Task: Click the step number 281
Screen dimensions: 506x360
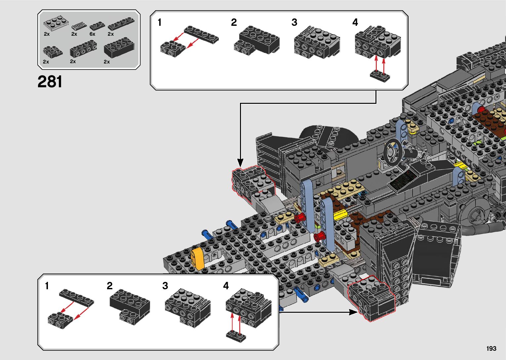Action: coord(50,82)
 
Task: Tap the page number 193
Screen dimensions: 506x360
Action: coord(491,348)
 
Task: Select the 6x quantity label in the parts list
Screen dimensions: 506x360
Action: coord(93,34)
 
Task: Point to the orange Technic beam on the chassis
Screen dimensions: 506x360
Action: coord(197,259)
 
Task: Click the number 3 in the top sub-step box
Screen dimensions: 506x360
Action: coord(294,22)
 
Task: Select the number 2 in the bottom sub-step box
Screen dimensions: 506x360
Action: coord(109,286)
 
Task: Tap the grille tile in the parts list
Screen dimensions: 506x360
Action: coord(79,26)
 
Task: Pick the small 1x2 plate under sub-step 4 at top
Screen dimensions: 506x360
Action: coord(380,76)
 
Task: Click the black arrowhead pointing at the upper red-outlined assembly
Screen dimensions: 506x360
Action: coord(240,163)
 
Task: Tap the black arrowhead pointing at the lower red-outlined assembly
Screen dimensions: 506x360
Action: coord(353,312)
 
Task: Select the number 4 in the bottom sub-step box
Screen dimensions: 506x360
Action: coord(226,286)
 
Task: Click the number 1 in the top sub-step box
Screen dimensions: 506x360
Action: coord(160,22)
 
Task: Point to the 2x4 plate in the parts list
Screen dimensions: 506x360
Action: coord(56,23)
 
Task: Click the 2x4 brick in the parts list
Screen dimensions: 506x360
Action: coord(119,48)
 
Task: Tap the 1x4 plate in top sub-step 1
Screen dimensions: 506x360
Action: coord(201,35)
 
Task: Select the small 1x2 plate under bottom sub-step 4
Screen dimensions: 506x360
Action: coord(236,336)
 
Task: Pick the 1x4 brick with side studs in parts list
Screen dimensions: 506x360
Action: coord(83,49)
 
